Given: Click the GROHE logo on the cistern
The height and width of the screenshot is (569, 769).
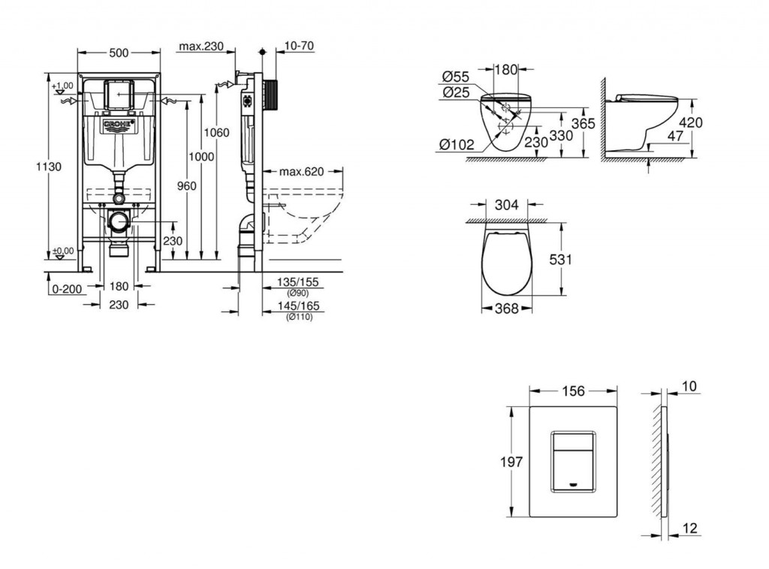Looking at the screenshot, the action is coord(118,125).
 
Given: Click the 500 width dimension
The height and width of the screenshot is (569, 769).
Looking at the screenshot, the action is coord(118,53).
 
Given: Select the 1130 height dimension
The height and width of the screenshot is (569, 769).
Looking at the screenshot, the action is coord(49,167).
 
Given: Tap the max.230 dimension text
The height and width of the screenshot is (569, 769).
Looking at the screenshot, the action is coord(201,46).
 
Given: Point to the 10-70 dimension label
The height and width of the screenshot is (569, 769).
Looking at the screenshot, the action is coord(299,46).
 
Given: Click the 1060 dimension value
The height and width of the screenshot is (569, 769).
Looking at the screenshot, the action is coord(216,132).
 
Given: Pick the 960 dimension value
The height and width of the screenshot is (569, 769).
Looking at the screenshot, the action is coord(186,185).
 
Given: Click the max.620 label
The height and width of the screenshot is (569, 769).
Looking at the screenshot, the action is coord(302,172).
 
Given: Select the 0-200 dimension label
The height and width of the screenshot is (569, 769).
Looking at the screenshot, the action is coord(67,289).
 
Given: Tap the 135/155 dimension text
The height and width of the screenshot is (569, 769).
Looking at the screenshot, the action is coord(297,282).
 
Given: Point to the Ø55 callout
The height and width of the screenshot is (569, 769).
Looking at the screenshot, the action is coord(456,77).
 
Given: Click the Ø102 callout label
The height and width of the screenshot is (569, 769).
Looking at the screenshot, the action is coord(457,144).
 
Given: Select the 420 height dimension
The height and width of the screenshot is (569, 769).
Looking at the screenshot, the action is coord(691,122).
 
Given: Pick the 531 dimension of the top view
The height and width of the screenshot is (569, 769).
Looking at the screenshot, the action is coord(560,259).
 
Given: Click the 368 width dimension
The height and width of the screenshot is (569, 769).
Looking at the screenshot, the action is coord(507,309).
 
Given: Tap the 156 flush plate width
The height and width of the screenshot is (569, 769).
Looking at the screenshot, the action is coord(573,390).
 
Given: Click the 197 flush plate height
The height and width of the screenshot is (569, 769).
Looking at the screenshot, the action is coord(511,462).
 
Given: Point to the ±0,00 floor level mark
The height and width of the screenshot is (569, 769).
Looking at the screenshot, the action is coord(63,251).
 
